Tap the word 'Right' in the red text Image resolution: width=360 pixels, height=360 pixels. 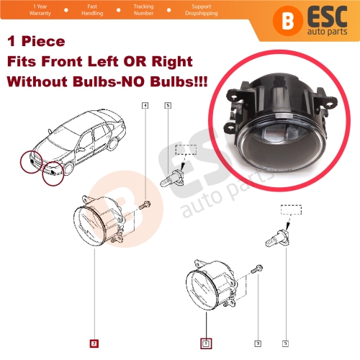tap(172, 64)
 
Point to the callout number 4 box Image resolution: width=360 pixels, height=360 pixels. tap(146, 106)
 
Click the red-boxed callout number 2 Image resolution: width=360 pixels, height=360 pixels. tap(94, 343)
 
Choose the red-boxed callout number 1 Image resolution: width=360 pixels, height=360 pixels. tap(205, 343)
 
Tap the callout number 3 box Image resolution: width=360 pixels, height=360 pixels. tap(258, 343)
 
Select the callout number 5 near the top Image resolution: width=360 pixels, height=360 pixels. tap(168, 106)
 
